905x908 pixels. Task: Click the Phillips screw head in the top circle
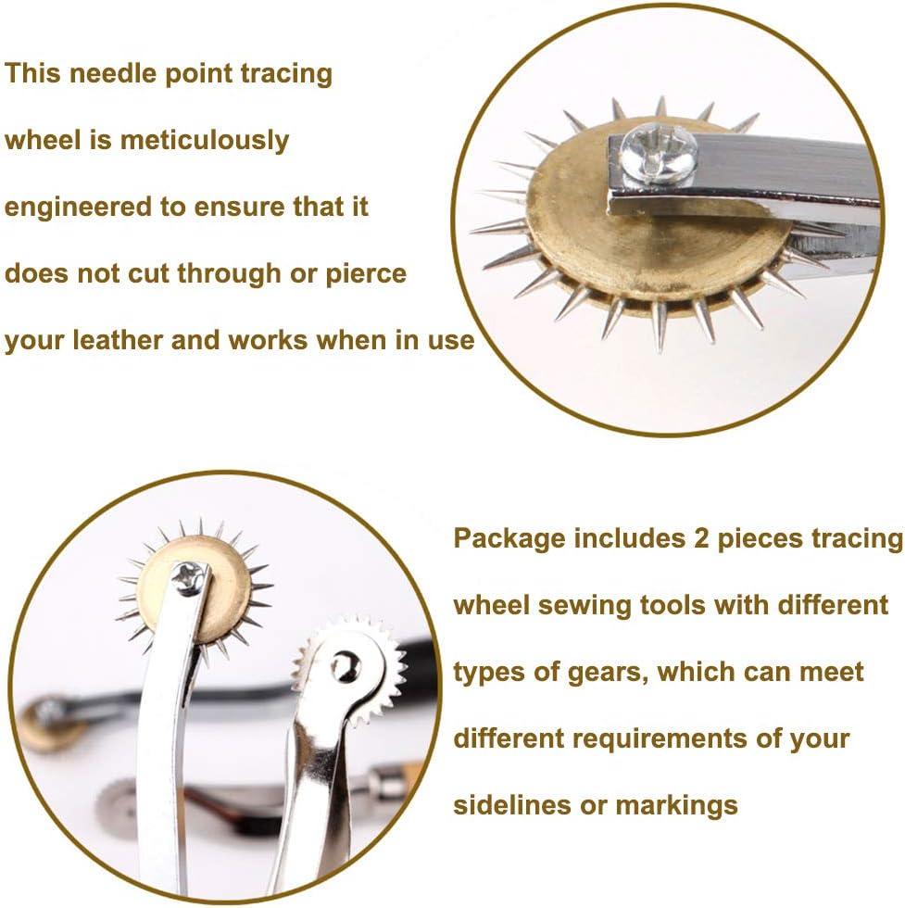click(659, 152)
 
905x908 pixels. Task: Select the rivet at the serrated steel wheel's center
click(346, 665)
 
